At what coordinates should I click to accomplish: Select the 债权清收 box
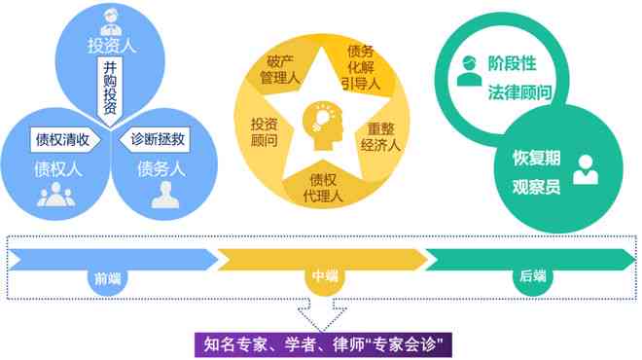tap(62, 138)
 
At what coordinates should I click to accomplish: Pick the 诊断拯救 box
tap(158, 138)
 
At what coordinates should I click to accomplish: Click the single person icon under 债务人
tap(164, 195)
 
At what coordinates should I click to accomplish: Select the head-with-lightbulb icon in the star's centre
tap(323, 121)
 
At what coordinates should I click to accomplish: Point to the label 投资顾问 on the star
tap(264, 132)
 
